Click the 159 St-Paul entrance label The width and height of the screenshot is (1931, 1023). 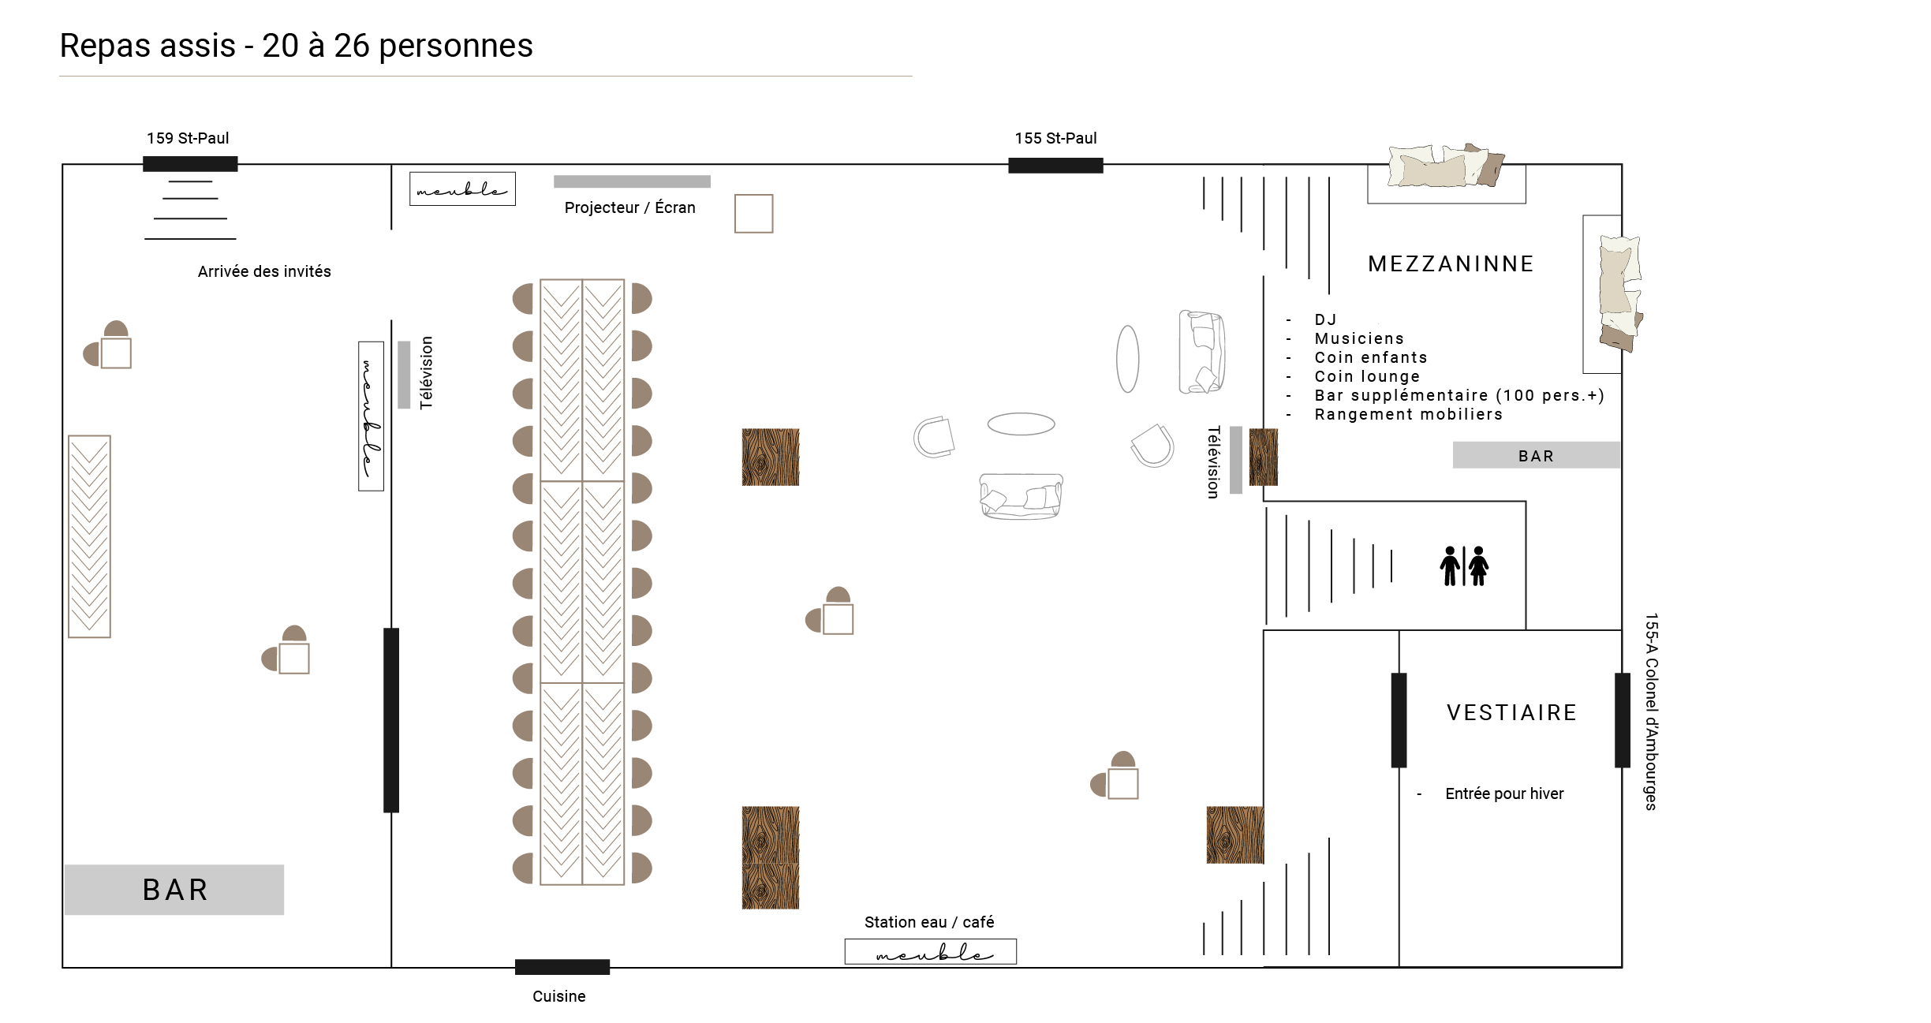[188, 138]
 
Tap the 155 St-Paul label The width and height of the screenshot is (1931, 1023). [1055, 138]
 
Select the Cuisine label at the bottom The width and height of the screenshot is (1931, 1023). [558, 996]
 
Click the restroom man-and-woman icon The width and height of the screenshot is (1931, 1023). [1464, 566]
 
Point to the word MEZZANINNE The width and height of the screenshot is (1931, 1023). [1451, 263]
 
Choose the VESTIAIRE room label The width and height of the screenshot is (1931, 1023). [1511, 712]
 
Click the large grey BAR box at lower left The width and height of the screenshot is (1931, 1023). [174, 890]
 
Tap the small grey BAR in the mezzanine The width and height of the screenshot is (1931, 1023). [1536, 455]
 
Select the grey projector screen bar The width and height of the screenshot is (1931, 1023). [632, 181]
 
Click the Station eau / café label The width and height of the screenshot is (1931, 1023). [928, 922]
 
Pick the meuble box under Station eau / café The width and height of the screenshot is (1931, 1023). [930, 952]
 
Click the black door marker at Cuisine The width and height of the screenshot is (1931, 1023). [562, 967]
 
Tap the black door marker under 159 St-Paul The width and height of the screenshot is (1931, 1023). [190, 164]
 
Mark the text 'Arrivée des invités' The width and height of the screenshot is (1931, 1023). [264, 271]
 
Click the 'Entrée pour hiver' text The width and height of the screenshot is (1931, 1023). [1503, 793]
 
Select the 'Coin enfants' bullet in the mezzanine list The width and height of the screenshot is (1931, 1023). [1370, 357]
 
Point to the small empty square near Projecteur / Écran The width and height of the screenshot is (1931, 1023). [753, 214]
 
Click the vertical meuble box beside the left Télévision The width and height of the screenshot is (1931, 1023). [371, 416]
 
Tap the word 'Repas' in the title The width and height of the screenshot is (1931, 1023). [106, 46]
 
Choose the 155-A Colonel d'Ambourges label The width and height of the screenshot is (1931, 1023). [1651, 711]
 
